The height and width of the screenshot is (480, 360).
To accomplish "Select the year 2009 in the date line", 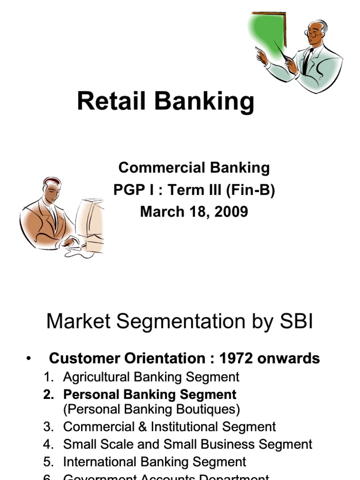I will coord(231,211).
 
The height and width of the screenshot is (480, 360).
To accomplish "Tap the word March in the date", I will coord(160,211).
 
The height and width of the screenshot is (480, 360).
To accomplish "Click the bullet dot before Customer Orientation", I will coord(30,359).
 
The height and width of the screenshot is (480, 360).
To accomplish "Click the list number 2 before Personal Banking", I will coord(48,394).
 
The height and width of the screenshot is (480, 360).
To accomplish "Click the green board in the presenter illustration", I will coord(269,33).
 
